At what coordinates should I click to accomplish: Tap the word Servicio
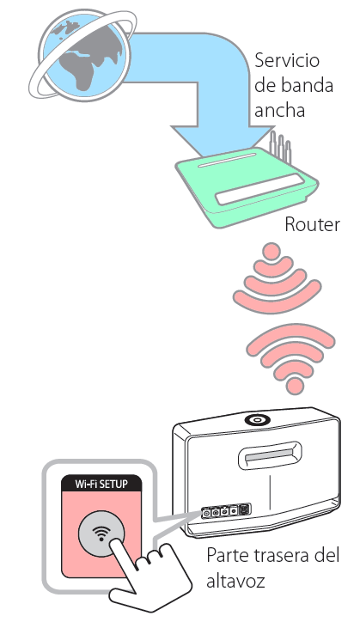pyautogui.click(x=287, y=60)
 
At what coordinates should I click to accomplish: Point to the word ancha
pyautogui.click(x=279, y=110)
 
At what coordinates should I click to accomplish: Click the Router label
pyautogui.click(x=313, y=224)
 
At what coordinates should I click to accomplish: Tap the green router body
pyautogui.click(x=246, y=186)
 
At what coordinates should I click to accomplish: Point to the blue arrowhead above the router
pyautogui.click(x=223, y=142)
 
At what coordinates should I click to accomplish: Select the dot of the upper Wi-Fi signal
pyautogui.click(x=272, y=251)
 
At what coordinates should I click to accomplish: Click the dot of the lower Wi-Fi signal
pyautogui.click(x=294, y=385)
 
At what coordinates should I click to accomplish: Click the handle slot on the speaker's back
pyautogui.click(x=269, y=456)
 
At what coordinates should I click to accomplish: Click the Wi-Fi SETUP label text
pyautogui.click(x=101, y=484)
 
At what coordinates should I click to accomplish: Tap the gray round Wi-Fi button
pyautogui.click(x=102, y=534)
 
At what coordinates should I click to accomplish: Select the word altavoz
pyautogui.click(x=235, y=581)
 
